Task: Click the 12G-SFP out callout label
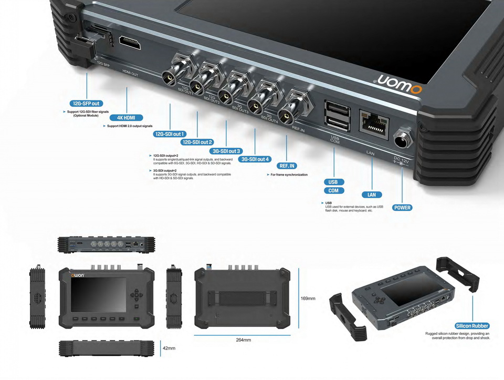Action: pyautogui.click(x=86, y=104)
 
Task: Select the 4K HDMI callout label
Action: pyautogui.click(x=127, y=118)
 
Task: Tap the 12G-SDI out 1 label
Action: pyautogui.click(x=169, y=134)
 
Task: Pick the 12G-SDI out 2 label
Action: pyautogui.click(x=197, y=142)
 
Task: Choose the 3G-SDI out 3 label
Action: pyautogui.click(x=226, y=151)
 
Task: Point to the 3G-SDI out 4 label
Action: pyautogui.click(x=255, y=159)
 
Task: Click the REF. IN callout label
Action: pyautogui.click(x=288, y=166)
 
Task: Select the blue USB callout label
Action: pyautogui.click(x=333, y=182)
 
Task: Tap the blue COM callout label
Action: pyautogui.click(x=333, y=191)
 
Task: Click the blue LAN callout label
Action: pyautogui.click(x=372, y=194)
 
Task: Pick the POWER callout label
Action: pyautogui.click(x=402, y=208)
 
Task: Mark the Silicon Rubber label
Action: pyautogui.click(x=472, y=326)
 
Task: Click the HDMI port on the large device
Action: pyautogui.click(x=130, y=43)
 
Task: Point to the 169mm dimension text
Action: pyautogui.click(x=308, y=299)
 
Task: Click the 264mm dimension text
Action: pyautogui.click(x=243, y=340)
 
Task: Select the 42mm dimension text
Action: pyautogui.click(x=169, y=348)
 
